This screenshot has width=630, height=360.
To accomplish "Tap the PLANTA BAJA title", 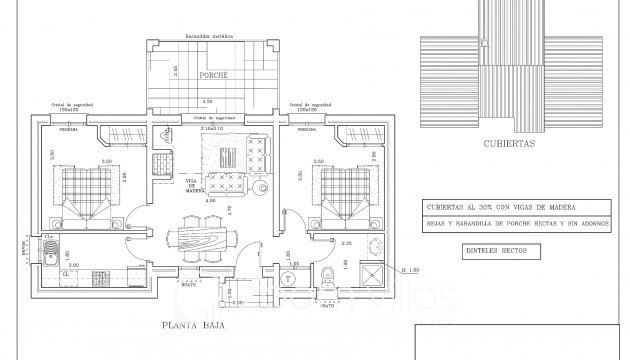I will tap(191, 326).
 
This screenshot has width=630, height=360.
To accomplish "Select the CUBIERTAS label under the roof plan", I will tap(509, 143).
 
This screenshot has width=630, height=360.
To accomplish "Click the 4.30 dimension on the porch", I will tap(207, 101).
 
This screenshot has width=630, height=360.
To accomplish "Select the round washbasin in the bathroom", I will tap(376, 246).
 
